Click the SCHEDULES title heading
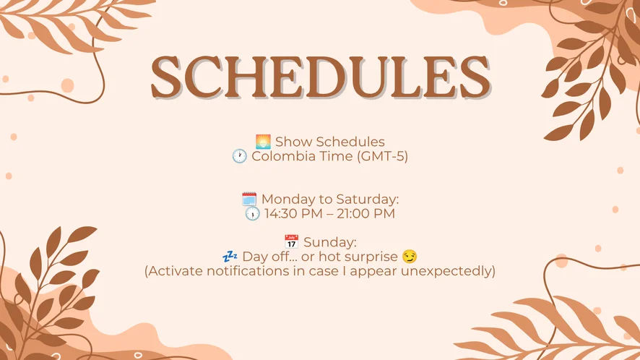pyautogui.click(x=321, y=77)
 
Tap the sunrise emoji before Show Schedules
pyautogui.click(x=263, y=142)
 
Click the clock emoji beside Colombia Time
pyautogui.click(x=240, y=156)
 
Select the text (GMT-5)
pyautogui.click(x=382, y=156)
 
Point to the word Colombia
pyautogui.click(x=282, y=156)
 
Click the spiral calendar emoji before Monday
pyautogui.click(x=249, y=199)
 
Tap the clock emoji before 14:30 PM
pyautogui.click(x=252, y=213)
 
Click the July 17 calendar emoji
pyautogui.click(x=291, y=242)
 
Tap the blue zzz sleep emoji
pyautogui.click(x=230, y=256)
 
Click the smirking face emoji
pyautogui.click(x=410, y=256)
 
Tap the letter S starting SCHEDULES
pyautogui.click(x=166, y=77)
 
